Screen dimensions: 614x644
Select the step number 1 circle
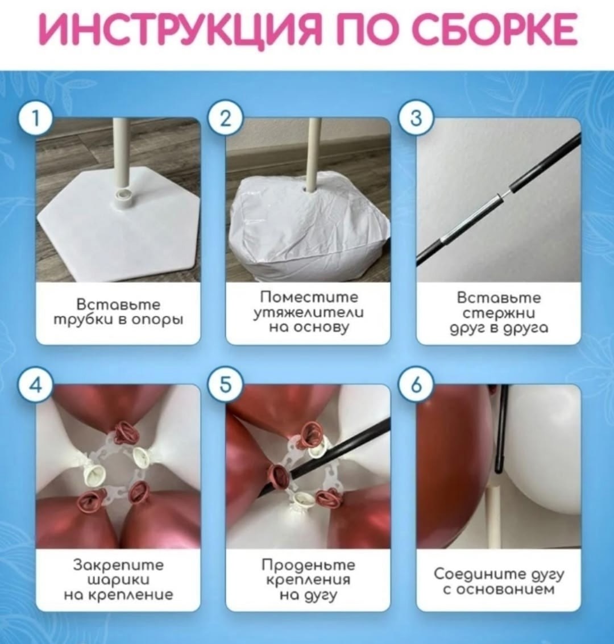(x=36, y=119)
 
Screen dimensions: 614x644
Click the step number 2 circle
(x=225, y=119)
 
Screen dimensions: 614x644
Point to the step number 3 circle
(x=416, y=119)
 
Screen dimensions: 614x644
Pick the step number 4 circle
(x=36, y=386)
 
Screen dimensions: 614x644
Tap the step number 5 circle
(x=225, y=386)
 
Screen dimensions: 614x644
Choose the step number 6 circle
(x=416, y=386)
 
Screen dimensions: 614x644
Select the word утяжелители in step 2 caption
(x=309, y=312)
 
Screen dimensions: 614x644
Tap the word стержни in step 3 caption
(x=499, y=313)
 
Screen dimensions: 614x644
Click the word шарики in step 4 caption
(x=118, y=580)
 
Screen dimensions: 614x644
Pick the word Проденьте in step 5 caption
(x=309, y=565)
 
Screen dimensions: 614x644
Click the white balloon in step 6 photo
(x=543, y=452)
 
